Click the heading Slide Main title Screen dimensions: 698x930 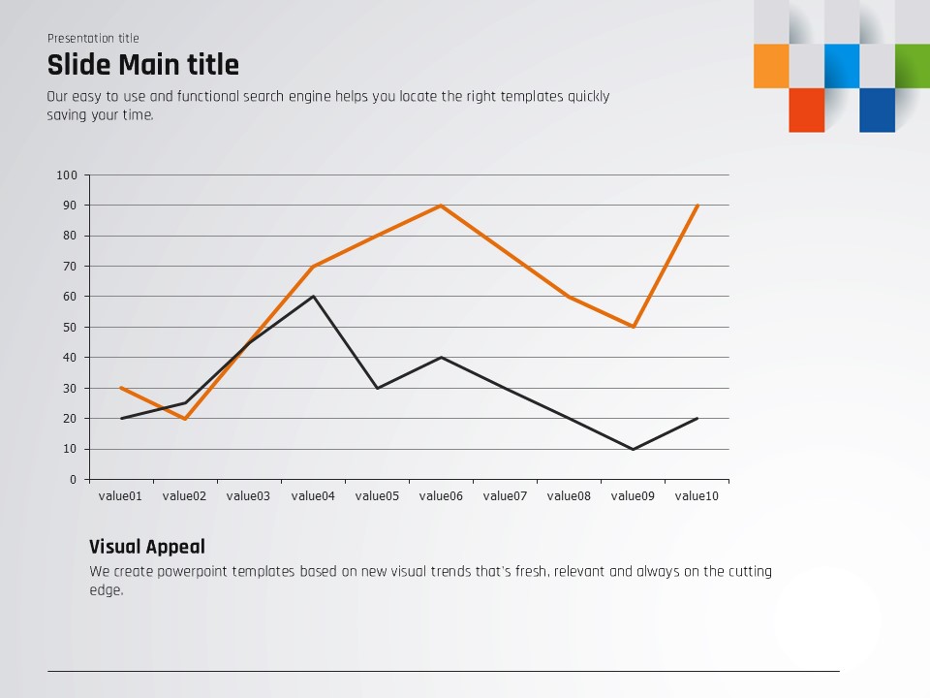click(x=142, y=66)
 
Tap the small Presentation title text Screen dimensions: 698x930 click(x=93, y=39)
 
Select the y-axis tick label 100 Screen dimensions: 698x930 click(x=66, y=175)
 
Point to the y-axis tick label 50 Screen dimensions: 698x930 click(x=69, y=327)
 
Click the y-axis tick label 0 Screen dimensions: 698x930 click(x=73, y=479)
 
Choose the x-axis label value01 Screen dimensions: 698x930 click(x=120, y=496)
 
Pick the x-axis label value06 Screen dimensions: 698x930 click(x=441, y=496)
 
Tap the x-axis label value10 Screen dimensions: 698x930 click(x=697, y=496)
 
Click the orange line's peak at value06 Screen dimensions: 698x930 click(x=441, y=206)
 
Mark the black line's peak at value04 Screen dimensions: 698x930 click(x=313, y=297)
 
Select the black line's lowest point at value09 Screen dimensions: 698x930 click(x=633, y=449)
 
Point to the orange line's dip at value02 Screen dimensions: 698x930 click(x=185, y=419)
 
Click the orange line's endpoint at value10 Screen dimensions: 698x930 click(x=697, y=206)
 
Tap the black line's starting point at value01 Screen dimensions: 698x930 click(x=121, y=418)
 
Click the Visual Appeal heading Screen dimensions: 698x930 click(x=146, y=547)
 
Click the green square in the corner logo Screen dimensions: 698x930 click(x=912, y=66)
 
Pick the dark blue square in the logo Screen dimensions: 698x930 click(x=877, y=110)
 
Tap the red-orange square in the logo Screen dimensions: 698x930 click(x=806, y=110)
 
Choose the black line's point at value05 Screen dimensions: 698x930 click(x=377, y=388)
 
